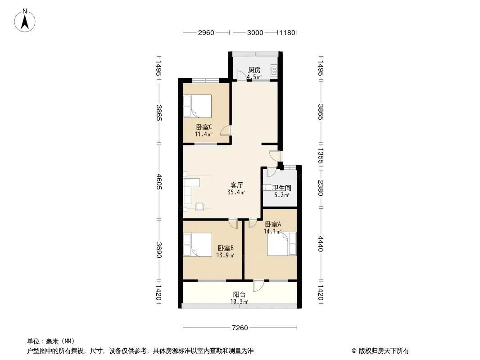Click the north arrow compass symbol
click(x=25, y=21)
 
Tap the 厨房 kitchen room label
click(x=254, y=70)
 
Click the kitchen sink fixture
click(x=274, y=71)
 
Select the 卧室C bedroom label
click(x=204, y=127)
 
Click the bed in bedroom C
click(x=197, y=106)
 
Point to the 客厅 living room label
click(x=237, y=185)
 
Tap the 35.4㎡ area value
click(x=236, y=193)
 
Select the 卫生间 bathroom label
click(x=281, y=188)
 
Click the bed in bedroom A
click(x=281, y=244)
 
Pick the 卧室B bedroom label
click(x=226, y=248)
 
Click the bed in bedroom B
click(x=198, y=244)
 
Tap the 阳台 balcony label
click(x=239, y=295)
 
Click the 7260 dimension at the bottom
click(x=240, y=328)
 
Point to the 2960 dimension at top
click(x=206, y=32)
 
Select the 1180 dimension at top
click(x=287, y=32)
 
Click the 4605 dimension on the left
click(x=159, y=182)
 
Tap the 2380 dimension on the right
click(x=321, y=188)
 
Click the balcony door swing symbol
click(x=258, y=286)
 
